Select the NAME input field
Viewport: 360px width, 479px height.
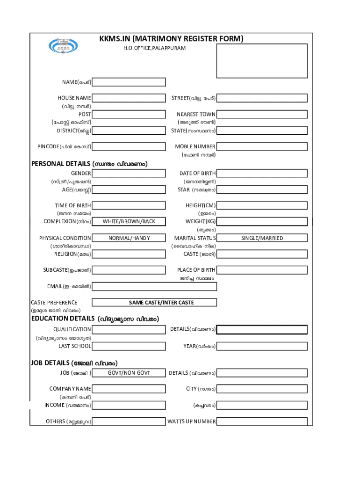point(129,82)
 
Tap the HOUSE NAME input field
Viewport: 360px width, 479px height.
point(129,98)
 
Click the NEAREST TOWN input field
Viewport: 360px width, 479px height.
point(262,114)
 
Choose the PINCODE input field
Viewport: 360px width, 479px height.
point(129,146)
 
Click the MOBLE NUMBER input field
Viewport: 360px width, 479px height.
point(262,146)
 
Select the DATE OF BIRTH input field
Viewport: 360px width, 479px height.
point(262,174)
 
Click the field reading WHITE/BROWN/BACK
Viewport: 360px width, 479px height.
point(129,221)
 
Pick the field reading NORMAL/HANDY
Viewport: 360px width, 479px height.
point(129,238)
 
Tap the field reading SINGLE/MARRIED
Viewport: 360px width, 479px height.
point(262,238)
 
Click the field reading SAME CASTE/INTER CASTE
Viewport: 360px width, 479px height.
point(154,302)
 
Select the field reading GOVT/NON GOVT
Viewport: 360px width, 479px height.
point(129,373)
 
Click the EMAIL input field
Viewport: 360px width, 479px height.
point(154,286)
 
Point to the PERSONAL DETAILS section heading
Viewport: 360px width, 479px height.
point(89,164)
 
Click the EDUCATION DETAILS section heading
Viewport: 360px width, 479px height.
point(95,319)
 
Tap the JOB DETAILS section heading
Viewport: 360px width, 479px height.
point(74,363)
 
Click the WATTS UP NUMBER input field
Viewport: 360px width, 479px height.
point(262,421)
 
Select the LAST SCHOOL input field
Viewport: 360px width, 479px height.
point(129,346)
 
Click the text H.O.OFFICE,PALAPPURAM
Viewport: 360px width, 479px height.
point(154,48)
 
